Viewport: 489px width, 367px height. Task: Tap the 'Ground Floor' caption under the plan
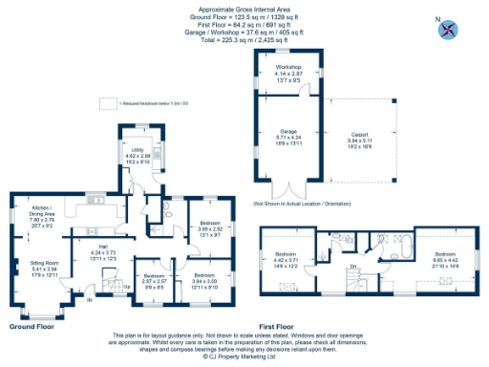point(32,326)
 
